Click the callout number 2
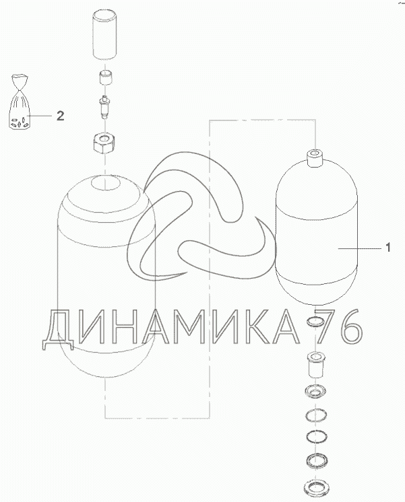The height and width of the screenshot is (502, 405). tap(60, 116)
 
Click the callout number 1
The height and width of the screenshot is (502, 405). tap(388, 248)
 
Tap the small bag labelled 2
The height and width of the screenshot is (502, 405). tap(19, 102)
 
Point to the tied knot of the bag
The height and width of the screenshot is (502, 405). tap(20, 86)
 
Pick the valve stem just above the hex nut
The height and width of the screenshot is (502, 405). tap(104, 107)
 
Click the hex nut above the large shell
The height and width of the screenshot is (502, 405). tap(104, 144)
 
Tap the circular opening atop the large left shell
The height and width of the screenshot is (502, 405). tap(106, 183)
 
